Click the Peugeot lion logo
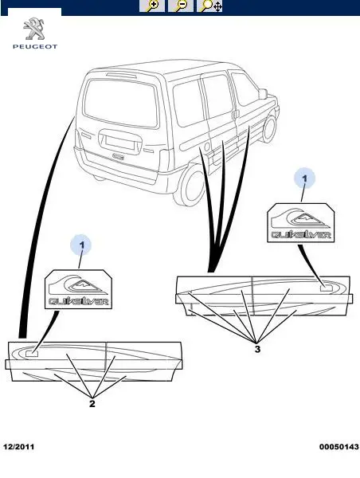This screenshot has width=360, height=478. pyautogui.click(x=34, y=29)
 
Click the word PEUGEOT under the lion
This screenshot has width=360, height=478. pyautogui.click(x=35, y=47)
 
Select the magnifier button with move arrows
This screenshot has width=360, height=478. pyautogui.click(x=210, y=6)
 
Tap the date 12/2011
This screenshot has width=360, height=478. pyautogui.click(x=18, y=447)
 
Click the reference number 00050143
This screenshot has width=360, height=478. pyautogui.click(x=339, y=447)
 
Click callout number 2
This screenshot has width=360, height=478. pyautogui.click(x=92, y=404)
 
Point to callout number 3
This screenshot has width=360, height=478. pyautogui.click(x=257, y=349)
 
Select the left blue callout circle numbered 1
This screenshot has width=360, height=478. pyautogui.click(x=80, y=245)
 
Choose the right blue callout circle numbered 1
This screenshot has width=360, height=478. pyautogui.click(x=304, y=178)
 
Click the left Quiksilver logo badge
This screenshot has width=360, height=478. pyautogui.click(x=78, y=289)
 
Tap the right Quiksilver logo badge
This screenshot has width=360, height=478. pyautogui.click(x=300, y=223)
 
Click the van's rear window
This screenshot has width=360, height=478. pyautogui.click(x=121, y=103)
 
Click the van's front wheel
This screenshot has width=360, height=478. pyautogui.click(x=269, y=128)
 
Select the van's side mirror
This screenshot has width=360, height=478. pyautogui.click(x=263, y=94)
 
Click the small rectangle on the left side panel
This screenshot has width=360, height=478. pyautogui.click(x=31, y=354)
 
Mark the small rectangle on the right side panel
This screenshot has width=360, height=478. pyautogui.click(x=327, y=288)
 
